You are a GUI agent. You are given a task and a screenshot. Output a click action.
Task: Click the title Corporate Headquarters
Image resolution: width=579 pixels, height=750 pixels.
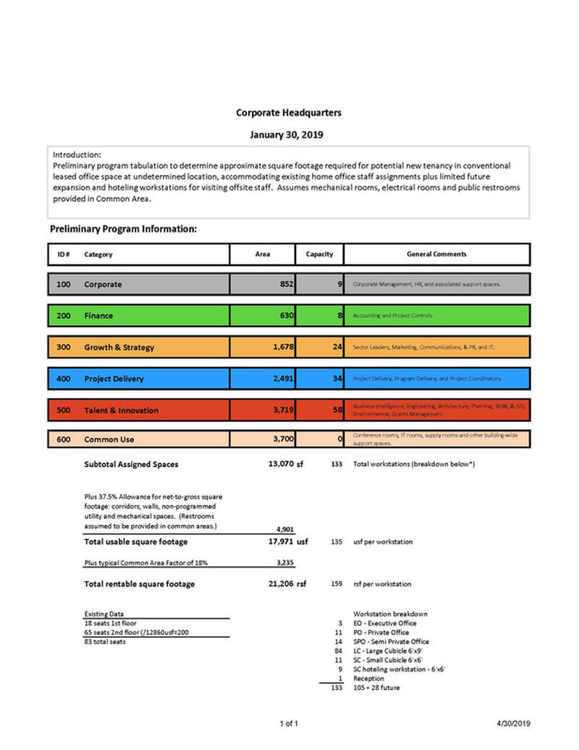(289, 113)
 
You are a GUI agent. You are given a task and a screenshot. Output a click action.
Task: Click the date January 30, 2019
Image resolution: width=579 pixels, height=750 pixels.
(287, 135)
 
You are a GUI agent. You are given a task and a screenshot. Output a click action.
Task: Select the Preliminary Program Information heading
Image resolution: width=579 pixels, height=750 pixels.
(123, 229)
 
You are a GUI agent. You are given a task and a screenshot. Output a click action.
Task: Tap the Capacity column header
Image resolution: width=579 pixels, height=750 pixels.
(319, 254)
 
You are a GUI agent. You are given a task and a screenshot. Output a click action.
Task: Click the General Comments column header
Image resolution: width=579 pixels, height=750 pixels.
(436, 254)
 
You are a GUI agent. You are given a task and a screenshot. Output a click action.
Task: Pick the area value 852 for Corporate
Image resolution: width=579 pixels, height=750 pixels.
(286, 285)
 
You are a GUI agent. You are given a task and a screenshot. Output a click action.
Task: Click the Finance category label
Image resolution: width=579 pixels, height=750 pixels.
(98, 316)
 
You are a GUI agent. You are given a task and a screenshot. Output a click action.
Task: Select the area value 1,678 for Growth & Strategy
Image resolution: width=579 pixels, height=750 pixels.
(282, 347)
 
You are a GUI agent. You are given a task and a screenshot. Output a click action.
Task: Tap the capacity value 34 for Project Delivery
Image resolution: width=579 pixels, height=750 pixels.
(337, 378)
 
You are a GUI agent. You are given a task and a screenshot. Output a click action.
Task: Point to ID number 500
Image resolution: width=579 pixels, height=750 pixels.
(63, 410)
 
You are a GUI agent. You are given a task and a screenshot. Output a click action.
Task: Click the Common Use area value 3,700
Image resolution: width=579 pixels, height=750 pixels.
(282, 439)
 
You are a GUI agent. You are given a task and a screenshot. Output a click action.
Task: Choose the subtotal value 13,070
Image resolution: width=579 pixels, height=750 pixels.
(280, 464)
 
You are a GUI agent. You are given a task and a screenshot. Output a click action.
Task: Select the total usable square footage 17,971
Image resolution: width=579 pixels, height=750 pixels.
(279, 542)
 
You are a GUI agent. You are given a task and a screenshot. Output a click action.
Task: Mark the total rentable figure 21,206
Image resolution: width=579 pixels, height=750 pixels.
(279, 583)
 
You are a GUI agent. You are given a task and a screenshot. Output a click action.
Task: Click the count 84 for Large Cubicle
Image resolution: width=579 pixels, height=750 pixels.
(337, 651)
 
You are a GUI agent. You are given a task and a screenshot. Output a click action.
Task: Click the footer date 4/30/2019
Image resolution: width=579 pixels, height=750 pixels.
(514, 723)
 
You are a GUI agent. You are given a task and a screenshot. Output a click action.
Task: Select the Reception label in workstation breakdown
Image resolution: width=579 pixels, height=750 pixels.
(369, 678)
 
